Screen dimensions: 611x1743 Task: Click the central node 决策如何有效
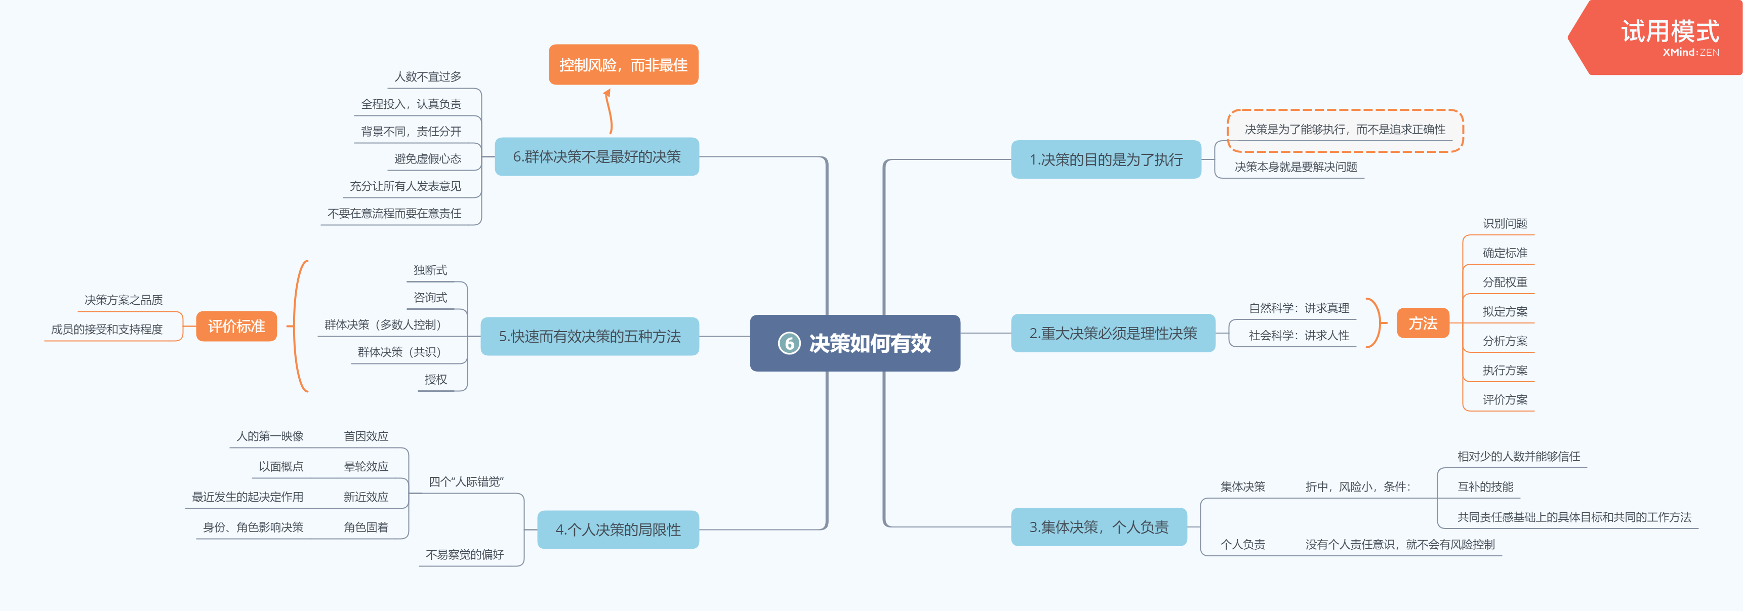(869, 343)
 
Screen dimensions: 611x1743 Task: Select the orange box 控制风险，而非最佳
(623, 65)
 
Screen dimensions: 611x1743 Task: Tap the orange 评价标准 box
(236, 326)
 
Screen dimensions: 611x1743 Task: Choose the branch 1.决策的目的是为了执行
(1106, 159)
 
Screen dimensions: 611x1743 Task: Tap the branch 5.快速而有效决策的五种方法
(589, 336)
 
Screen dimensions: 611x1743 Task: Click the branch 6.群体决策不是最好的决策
(596, 157)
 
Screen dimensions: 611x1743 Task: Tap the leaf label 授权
(436, 380)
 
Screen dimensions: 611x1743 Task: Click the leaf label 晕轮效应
(366, 466)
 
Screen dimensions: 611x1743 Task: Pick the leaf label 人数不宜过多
(428, 77)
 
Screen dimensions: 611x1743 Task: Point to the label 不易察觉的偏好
(464, 555)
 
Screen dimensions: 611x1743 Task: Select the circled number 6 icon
(789, 344)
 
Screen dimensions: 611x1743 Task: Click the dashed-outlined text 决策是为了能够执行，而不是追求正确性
(1345, 129)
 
